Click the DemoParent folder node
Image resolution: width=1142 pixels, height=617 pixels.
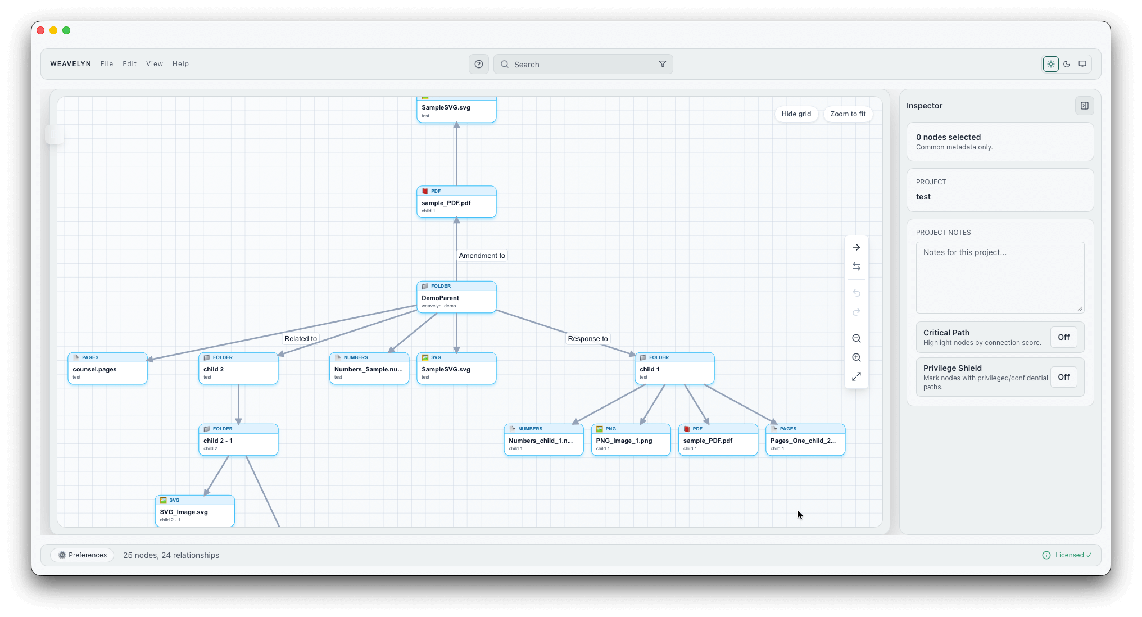coord(456,297)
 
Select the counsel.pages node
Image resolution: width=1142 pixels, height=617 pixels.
coord(107,369)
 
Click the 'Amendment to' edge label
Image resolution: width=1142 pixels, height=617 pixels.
coord(482,255)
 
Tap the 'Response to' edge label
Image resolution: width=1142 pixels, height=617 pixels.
coord(587,338)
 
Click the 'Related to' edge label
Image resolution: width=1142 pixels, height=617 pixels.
coord(300,338)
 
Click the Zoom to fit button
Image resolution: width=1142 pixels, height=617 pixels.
coord(848,114)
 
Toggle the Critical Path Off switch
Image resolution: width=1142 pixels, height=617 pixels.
coord(1063,337)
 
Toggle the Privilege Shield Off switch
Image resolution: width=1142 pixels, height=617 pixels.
coord(1063,377)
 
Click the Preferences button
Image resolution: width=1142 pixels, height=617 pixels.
coord(82,555)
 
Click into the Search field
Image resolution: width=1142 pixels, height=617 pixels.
coord(579,65)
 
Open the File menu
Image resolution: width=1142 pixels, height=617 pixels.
coord(107,64)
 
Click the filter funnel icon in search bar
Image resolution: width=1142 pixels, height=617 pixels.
coord(662,64)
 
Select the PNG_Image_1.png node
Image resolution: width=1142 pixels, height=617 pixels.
coord(630,440)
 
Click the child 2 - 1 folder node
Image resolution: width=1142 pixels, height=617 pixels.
coord(238,440)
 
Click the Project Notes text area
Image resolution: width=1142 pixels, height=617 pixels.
coord(999,277)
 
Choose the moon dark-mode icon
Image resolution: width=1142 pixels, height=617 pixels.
coord(1066,64)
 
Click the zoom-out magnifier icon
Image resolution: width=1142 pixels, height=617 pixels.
coord(856,338)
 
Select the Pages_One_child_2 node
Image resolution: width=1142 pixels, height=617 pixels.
coord(805,440)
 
